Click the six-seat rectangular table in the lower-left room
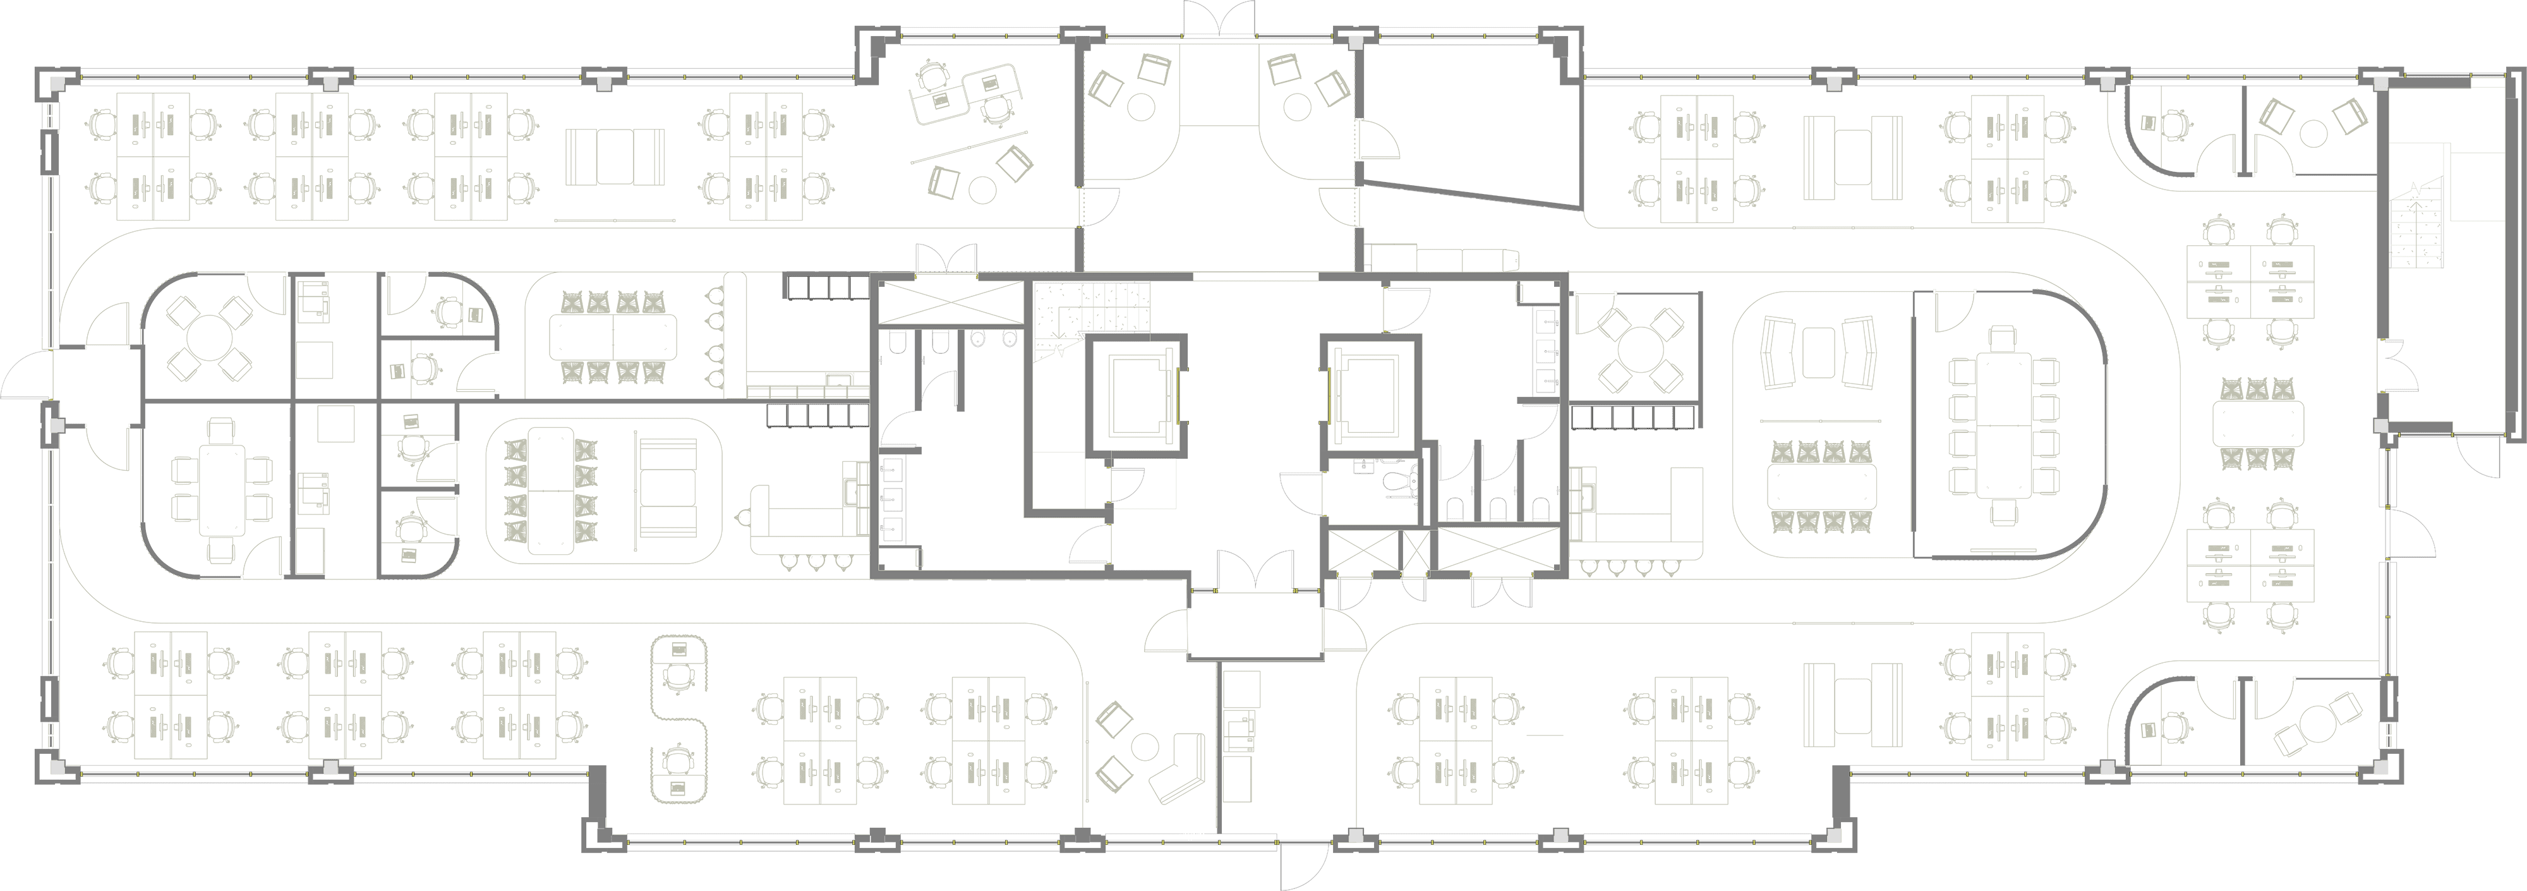tap(222, 490)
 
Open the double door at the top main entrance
tap(1219, 20)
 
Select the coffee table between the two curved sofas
tap(1818, 351)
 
